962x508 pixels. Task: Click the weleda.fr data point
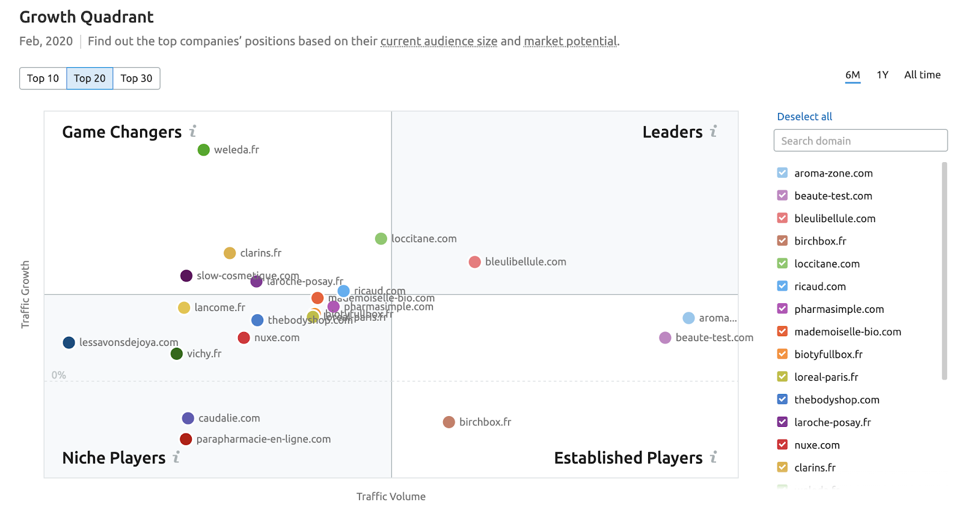pyautogui.click(x=204, y=150)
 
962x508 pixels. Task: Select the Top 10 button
pyautogui.click(x=43, y=79)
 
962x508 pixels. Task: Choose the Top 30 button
pyautogui.click(x=136, y=79)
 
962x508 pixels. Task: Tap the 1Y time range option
pyautogui.click(x=882, y=75)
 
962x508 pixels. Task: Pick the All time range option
pyautogui.click(x=922, y=75)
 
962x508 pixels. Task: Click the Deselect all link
pyautogui.click(x=804, y=116)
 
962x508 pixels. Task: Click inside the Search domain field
pyautogui.click(x=860, y=141)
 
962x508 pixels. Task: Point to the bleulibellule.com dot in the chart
pyautogui.click(x=475, y=262)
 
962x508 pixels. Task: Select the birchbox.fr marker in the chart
pyautogui.click(x=449, y=422)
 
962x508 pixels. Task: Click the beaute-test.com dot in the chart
pyautogui.click(x=665, y=337)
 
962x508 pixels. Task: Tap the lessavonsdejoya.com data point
pyautogui.click(x=69, y=342)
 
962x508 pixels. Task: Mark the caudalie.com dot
pyautogui.click(x=188, y=418)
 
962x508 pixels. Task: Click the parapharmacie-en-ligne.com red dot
pyautogui.click(x=186, y=439)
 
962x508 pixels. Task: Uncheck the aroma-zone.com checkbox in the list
pyautogui.click(x=782, y=173)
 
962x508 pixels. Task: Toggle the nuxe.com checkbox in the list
pyautogui.click(x=782, y=445)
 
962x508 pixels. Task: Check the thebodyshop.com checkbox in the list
pyautogui.click(x=782, y=399)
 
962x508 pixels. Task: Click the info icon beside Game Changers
pyautogui.click(x=193, y=132)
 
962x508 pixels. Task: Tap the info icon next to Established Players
pyautogui.click(x=714, y=458)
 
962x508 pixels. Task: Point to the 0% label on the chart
pyautogui.click(x=59, y=375)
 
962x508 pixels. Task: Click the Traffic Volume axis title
pyautogui.click(x=391, y=497)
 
